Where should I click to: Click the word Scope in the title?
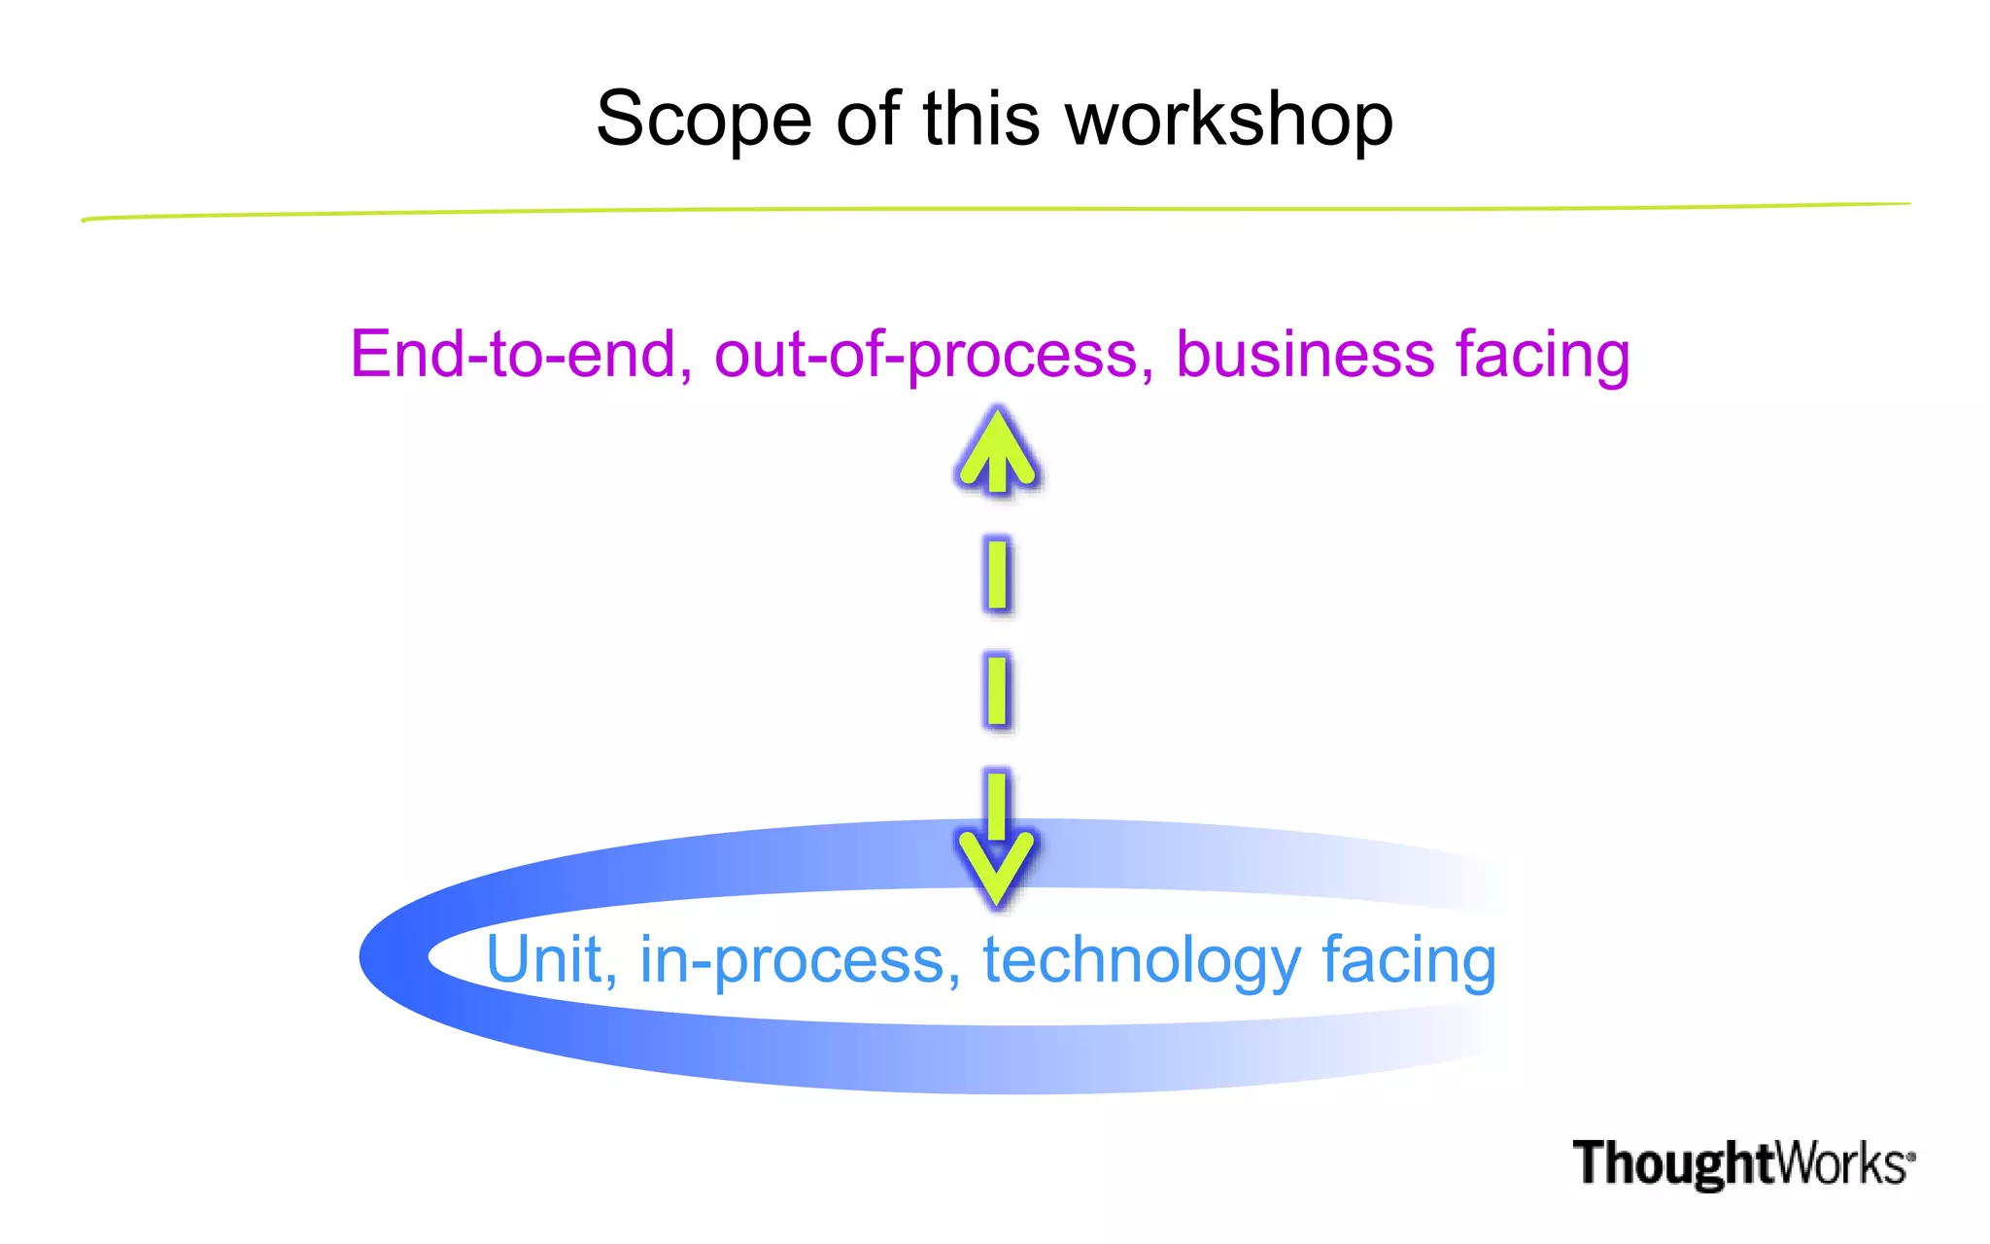(703, 121)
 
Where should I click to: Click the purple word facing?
(1543, 356)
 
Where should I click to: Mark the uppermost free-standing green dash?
(997, 574)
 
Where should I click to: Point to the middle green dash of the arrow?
(997, 691)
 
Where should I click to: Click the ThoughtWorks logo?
(1743, 1163)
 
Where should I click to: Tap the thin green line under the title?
(995, 210)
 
